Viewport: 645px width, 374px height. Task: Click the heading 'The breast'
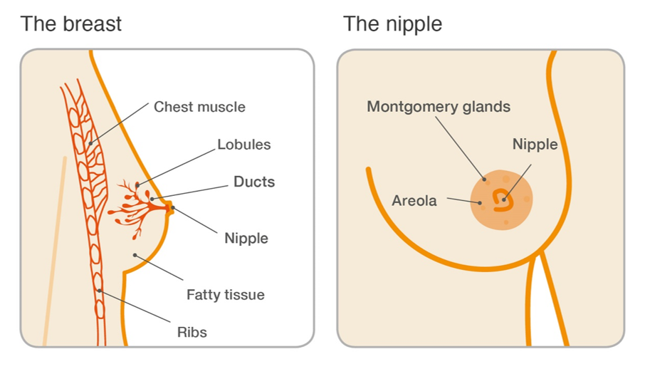(71, 24)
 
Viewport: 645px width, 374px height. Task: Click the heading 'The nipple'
(392, 24)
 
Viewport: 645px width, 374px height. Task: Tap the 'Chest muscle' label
(199, 107)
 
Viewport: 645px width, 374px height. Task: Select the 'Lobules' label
(243, 145)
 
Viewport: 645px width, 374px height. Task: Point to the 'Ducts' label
(253, 182)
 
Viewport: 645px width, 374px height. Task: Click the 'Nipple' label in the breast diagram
(246, 238)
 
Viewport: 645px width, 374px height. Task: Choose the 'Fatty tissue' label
(225, 294)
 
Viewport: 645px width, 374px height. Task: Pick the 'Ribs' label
(192, 332)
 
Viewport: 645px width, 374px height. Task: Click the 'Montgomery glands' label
(439, 107)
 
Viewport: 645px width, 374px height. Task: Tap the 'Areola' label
(414, 201)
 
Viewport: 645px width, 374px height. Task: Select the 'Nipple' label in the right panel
(535, 145)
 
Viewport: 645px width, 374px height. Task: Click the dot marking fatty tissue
(135, 254)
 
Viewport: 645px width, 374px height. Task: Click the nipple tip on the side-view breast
(170, 208)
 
